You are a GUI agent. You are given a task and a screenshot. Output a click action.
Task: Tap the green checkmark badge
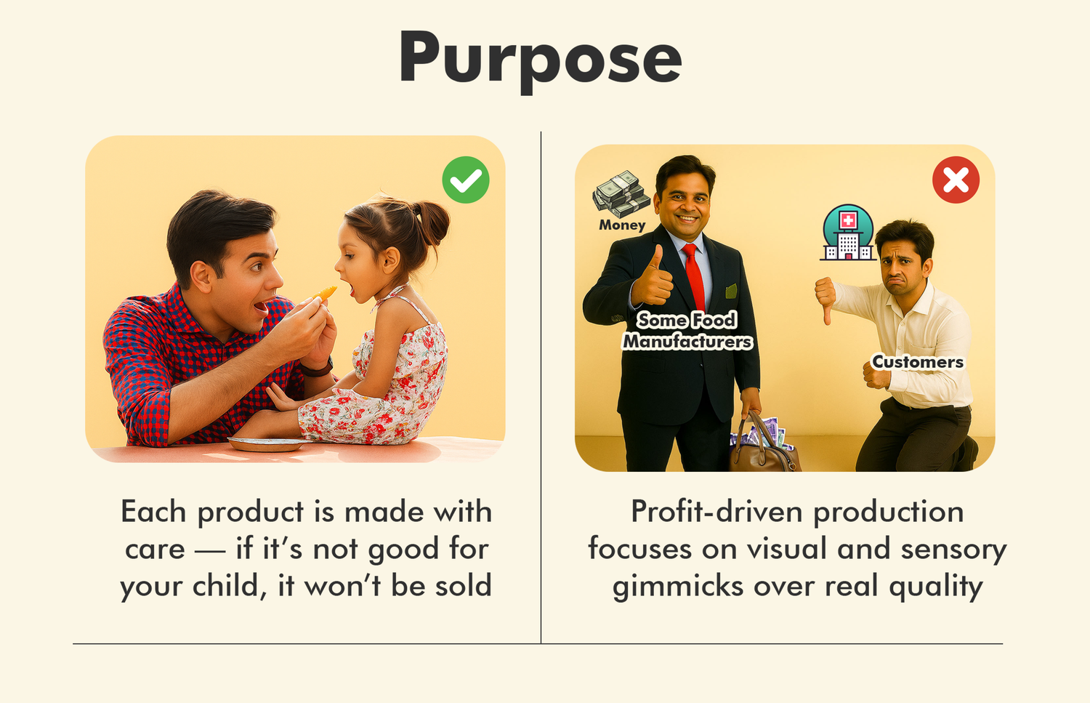pos(466,180)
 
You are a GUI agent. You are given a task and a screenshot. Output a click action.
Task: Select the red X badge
pos(956,180)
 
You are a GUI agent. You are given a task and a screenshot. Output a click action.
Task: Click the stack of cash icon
pos(621,194)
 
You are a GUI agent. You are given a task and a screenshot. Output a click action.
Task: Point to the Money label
pos(622,225)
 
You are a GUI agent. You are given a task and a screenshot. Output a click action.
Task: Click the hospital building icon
pos(848,232)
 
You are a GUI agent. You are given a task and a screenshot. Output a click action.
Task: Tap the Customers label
pos(917,362)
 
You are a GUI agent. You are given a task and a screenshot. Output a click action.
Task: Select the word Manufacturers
pos(687,341)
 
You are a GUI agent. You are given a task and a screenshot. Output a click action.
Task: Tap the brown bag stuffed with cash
pos(764,446)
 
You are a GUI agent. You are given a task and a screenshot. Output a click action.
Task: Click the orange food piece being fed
pos(325,293)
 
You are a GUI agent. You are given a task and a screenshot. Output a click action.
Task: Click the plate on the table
pos(267,444)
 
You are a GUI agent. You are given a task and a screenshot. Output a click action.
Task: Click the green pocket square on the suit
pos(731,291)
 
